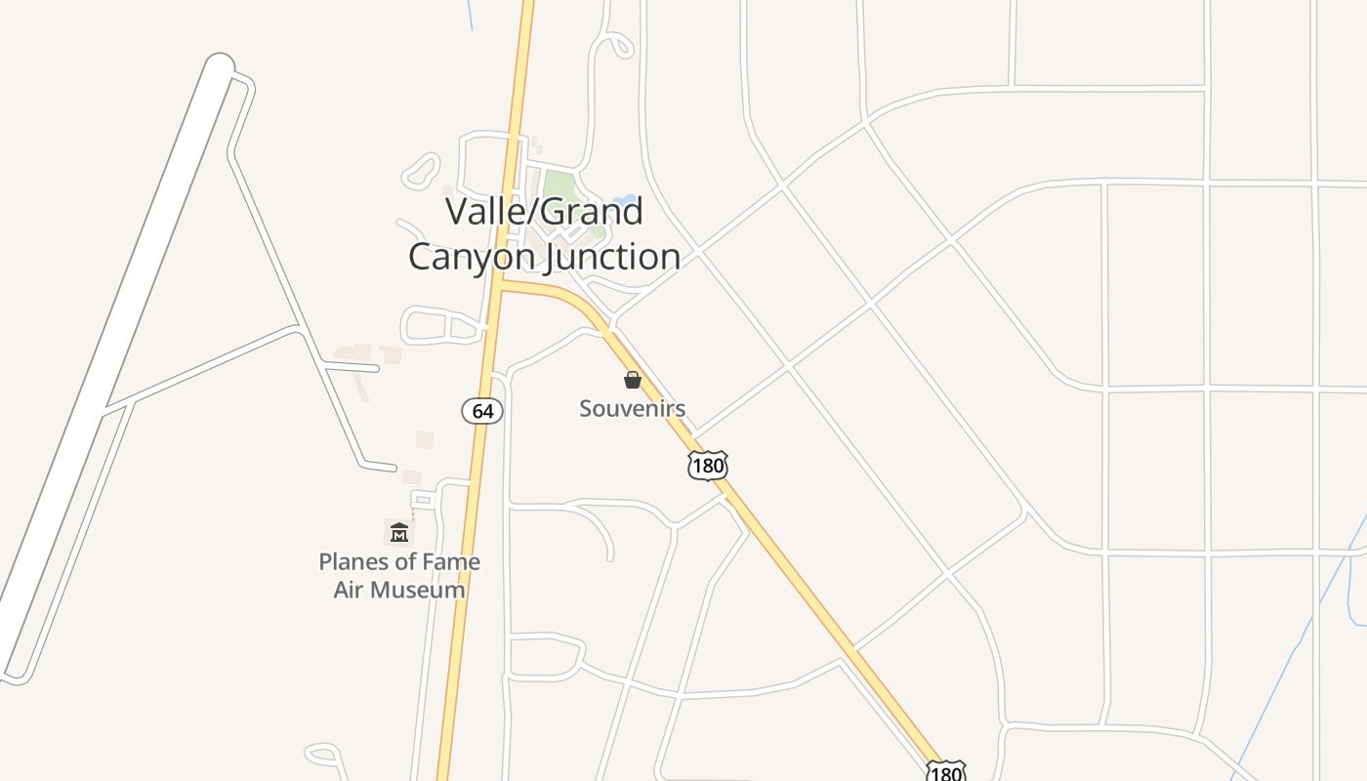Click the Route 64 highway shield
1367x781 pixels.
tap(482, 411)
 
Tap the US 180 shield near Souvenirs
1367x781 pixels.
tap(708, 466)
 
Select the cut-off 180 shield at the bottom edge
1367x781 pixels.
tap(945, 771)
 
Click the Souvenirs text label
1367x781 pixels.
tap(632, 408)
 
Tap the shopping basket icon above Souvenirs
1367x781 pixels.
tap(633, 380)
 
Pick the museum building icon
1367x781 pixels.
tap(399, 532)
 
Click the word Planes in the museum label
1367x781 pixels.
tap(354, 562)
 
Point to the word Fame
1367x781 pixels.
tap(450, 562)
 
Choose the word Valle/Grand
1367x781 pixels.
tap(544, 211)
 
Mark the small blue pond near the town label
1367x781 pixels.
tap(624, 202)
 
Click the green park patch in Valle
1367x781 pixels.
tap(559, 185)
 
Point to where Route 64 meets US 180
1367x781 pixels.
tap(499, 284)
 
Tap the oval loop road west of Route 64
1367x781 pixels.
tap(442, 325)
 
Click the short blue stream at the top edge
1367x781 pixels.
tap(470, 15)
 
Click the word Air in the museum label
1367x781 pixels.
tap(350, 590)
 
